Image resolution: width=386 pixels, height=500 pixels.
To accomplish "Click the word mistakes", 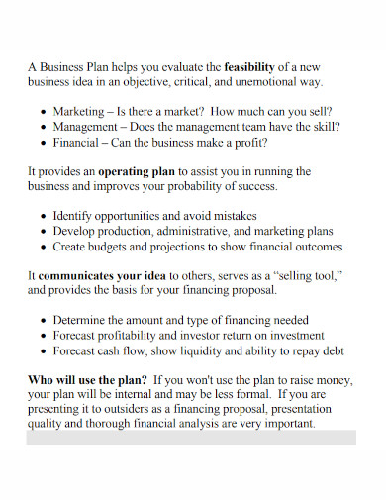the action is click(x=234, y=216).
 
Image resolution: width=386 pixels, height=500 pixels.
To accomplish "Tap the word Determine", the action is click(x=84, y=320).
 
